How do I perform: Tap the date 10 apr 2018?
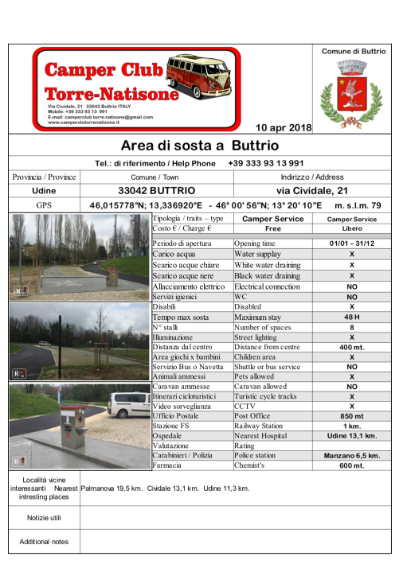coord(283,127)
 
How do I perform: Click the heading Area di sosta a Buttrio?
coord(200,146)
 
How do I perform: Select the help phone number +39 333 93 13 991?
coord(265,163)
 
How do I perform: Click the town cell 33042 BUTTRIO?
coord(155,191)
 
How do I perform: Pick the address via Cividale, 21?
coord(312,191)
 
